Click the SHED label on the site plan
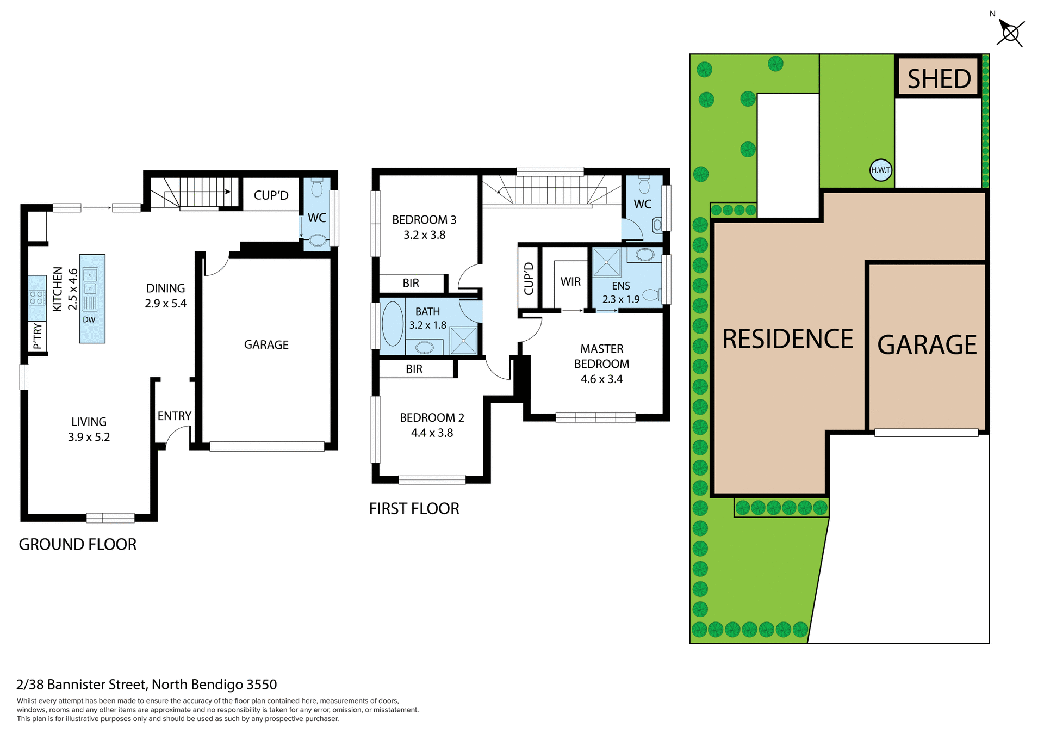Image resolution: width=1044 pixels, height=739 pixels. (x=939, y=79)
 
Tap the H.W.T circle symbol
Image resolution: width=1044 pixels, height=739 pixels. (x=880, y=170)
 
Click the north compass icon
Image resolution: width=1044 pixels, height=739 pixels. (x=1010, y=33)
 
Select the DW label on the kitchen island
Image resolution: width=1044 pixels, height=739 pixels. (x=89, y=320)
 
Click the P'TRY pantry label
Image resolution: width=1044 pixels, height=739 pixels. (x=37, y=336)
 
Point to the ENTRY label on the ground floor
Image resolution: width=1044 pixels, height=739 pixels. (x=174, y=416)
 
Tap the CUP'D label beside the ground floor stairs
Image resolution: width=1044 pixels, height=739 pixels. (x=271, y=195)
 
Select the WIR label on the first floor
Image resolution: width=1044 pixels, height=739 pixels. (x=570, y=282)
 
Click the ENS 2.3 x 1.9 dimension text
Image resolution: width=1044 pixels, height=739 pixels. (x=620, y=299)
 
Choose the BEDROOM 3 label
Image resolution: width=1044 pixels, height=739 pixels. (x=424, y=220)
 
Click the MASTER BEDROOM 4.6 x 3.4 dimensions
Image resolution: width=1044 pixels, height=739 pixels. (x=601, y=379)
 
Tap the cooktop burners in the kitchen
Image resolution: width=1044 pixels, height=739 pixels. (x=36, y=297)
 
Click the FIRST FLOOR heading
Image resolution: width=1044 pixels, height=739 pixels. (x=414, y=509)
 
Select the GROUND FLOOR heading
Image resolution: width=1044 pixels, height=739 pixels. (x=77, y=544)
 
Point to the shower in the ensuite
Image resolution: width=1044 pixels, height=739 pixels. (x=606, y=262)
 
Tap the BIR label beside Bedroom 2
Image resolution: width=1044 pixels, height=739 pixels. (x=414, y=369)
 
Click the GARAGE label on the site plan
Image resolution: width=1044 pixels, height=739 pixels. (x=927, y=345)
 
